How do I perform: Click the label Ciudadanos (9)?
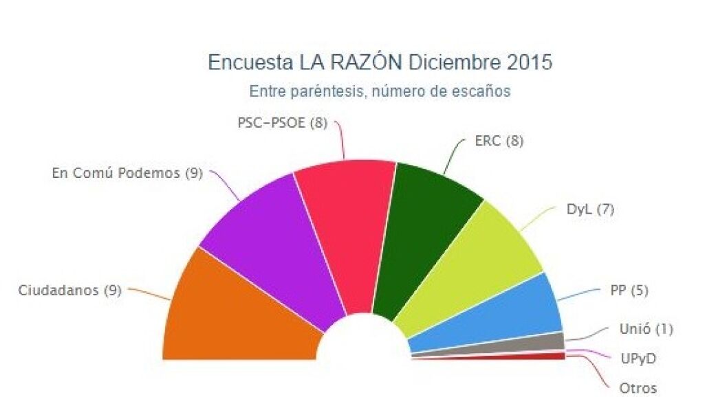[x=69, y=290]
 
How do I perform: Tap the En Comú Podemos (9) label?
[x=127, y=173]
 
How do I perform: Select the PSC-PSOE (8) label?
[x=282, y=123]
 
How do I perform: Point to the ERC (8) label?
[x=499, y=141]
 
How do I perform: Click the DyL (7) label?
[x=589, y=209]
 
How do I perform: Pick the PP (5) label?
[x=629, y=291]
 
